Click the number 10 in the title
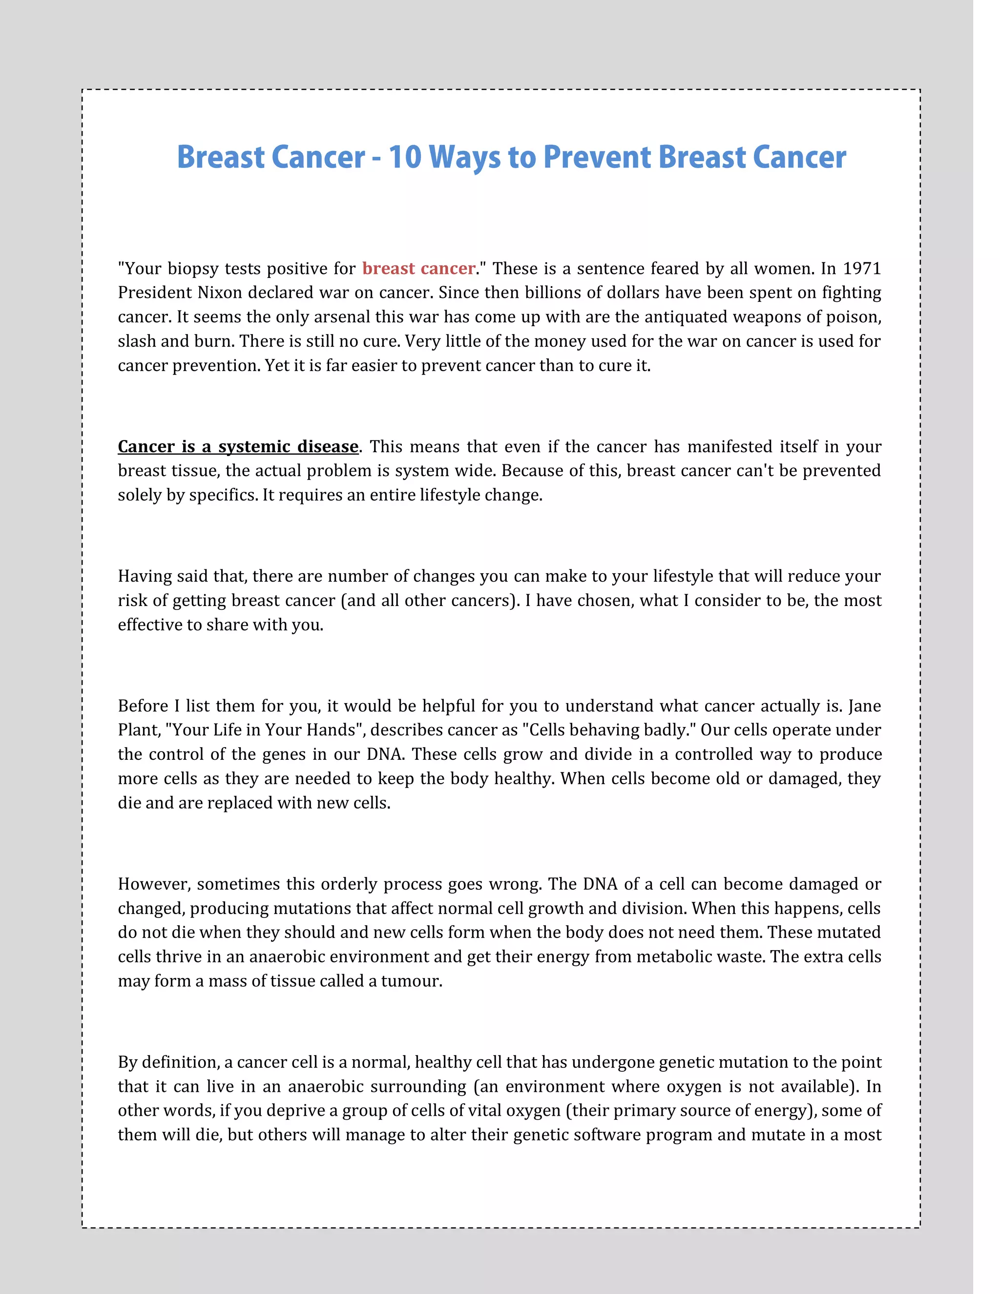point(405,157)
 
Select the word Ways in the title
point(464,157)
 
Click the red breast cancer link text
point(419,269)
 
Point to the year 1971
point(862,269)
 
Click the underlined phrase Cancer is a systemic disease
point(238,446)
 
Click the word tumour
point(411,981)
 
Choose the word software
point(606,1135)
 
